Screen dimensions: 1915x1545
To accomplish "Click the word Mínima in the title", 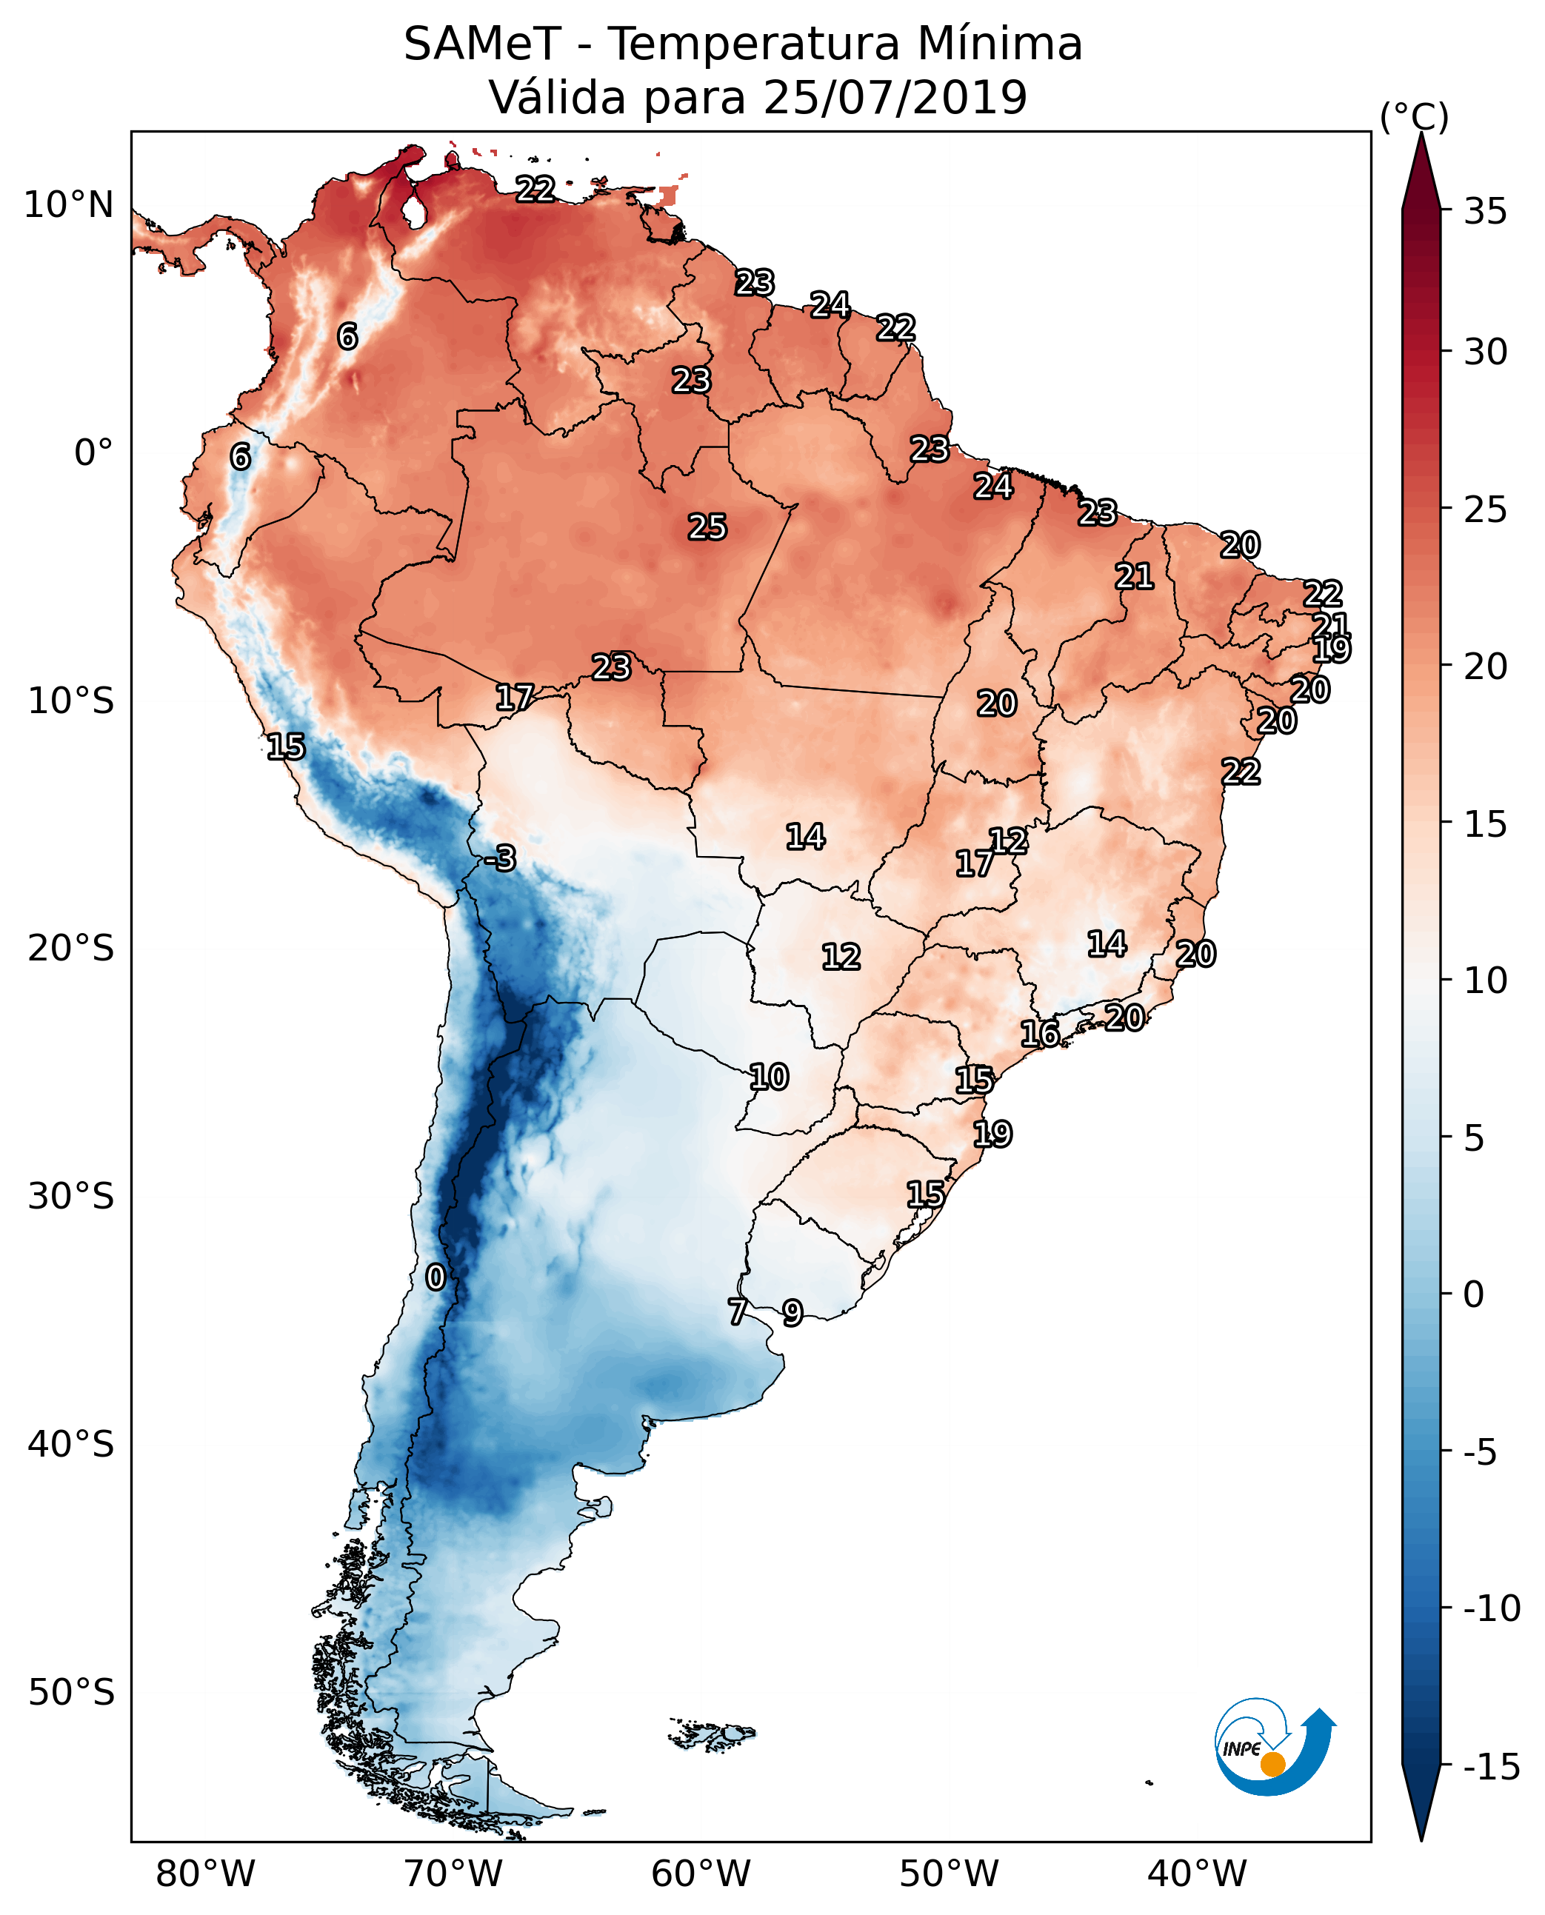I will point(998,44).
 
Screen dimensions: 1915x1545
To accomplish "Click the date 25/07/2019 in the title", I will point(895,97).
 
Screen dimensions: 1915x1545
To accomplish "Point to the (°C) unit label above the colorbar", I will point(1414,116).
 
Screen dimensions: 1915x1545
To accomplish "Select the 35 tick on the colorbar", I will point(1485,211).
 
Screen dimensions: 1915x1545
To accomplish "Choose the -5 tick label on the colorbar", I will point(1485,1452).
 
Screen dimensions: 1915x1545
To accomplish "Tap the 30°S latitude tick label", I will point(71,1196).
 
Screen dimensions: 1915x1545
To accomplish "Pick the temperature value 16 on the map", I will point(1039,1033).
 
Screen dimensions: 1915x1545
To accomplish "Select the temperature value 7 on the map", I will point(737,1311).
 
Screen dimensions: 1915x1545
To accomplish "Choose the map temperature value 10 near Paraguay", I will point(768,1077).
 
